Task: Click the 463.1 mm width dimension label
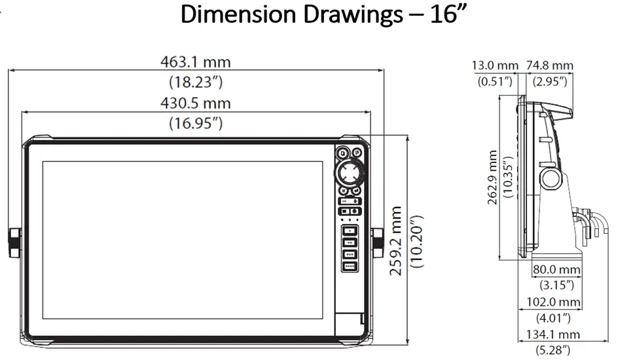196,62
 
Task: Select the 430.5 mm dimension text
196,103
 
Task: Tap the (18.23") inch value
196,82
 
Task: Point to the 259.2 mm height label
395,241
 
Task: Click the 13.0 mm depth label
495,65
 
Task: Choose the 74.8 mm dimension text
550,65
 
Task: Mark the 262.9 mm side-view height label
493,177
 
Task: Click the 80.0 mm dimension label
556,270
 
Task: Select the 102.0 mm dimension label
554,302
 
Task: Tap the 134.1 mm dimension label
553,334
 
